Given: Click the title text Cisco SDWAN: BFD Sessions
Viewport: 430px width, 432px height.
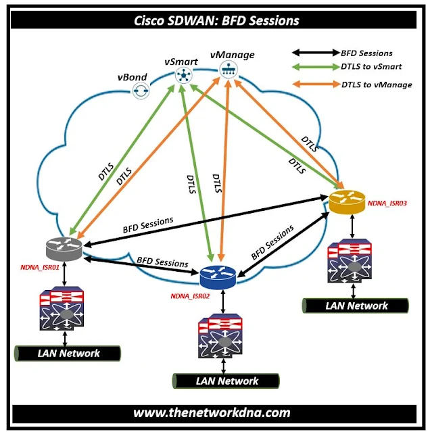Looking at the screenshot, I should (214, 20).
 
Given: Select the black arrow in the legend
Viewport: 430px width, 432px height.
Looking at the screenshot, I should (318, 52).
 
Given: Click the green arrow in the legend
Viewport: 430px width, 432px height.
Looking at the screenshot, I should (318, 68).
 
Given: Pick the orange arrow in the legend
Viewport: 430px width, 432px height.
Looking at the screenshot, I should (318, 85).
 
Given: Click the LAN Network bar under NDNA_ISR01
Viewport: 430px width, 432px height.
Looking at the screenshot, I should (68, 352).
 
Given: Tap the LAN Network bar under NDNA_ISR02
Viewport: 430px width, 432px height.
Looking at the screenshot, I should (226, 381).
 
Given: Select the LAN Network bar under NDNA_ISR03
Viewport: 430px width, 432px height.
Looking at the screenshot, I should (356, 306).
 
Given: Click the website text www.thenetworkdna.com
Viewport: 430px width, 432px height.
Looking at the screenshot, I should (212, 412).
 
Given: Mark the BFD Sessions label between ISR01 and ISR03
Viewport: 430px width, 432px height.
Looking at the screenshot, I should (148, 223).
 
